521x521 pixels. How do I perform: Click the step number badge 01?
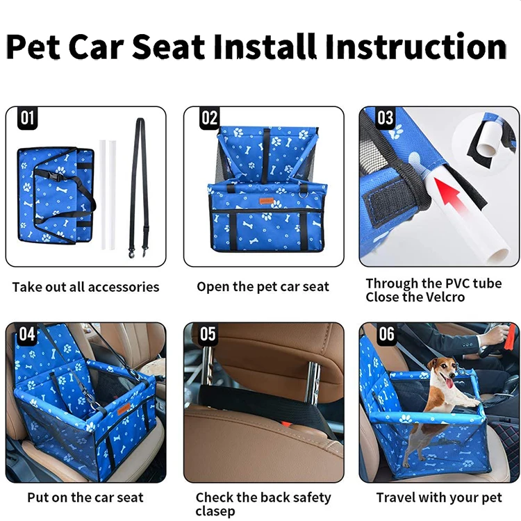[27, 117]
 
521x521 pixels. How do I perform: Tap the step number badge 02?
[209, 117]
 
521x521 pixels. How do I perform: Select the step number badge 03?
[385, 117]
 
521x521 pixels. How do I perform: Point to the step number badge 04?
[27, 333]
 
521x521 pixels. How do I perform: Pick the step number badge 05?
[208, 333]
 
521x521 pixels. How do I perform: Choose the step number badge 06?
[386, 333]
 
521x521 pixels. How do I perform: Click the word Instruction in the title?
[415, 47]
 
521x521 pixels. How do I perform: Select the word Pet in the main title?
[33, 47]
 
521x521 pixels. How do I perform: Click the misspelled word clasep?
[215, 511]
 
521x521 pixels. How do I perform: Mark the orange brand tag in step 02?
[267, 201]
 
